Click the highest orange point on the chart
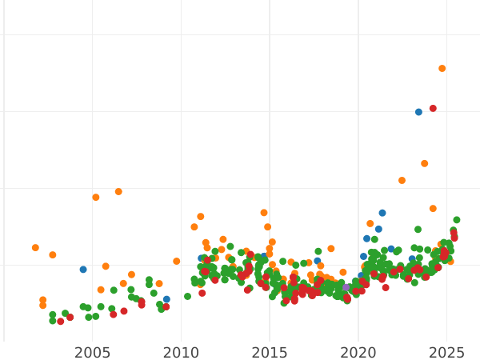click(x=442, y=69)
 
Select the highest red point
click(x=433, y=109)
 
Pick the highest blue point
click(x=418, y=112)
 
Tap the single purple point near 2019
click(x=346, y=288)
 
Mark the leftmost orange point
click(x=35, y=248)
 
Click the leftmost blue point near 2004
click(x=83, y=270)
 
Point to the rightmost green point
click(x=457, y=220)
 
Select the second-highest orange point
click(x=425, y=164)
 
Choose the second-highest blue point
click(x=382, y=213)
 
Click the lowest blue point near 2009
click(x=166, y=299)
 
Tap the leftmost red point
click(x=60, y=322)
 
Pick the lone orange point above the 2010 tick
click(x=177, y=262)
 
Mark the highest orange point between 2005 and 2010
click(x=118, y=192)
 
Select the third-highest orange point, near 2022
click(x=402, y=181)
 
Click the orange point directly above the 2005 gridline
click(x=96, y=198)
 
